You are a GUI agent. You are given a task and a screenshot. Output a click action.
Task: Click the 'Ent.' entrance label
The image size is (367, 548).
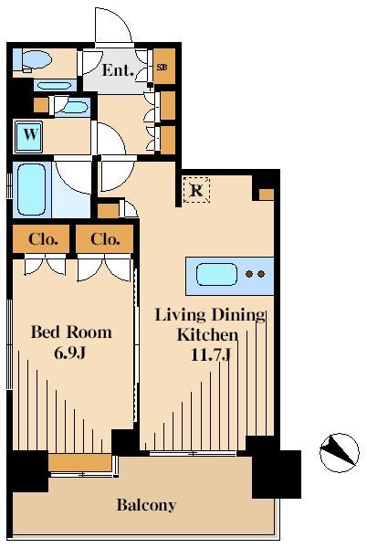pos(118,70)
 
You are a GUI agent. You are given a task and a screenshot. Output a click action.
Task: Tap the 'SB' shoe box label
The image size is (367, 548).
pos(162,67)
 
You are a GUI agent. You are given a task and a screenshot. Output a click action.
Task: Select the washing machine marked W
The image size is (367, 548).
pos(28,137)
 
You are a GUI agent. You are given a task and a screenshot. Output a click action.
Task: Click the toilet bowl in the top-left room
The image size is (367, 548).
pos(36,60)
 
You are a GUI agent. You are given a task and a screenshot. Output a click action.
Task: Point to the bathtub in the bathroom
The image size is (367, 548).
pos(31,189)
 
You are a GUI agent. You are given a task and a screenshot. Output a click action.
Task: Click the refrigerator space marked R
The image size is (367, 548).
pos(196,190)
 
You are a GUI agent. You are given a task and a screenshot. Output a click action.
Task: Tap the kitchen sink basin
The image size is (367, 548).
pos(216,274)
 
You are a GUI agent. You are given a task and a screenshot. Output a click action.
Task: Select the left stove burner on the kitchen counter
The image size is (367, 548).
pos(249,274)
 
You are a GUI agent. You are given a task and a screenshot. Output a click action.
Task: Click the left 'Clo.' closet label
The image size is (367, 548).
pos(43,239)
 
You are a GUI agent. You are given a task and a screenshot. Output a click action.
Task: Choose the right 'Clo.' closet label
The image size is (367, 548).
pos(105,239)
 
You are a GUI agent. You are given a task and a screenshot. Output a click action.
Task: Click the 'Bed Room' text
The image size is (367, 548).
pos(71,332)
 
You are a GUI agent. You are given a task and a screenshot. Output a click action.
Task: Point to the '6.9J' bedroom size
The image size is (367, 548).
pos(69,353)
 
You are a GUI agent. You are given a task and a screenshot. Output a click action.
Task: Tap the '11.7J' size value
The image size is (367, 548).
pos(211,354)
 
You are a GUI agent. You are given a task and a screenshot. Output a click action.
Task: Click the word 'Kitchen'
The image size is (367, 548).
pos(207,335)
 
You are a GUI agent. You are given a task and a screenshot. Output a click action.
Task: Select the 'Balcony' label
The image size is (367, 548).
pos(146,505)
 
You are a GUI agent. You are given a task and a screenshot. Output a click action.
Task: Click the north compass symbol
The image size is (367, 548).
pos(339,453)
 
